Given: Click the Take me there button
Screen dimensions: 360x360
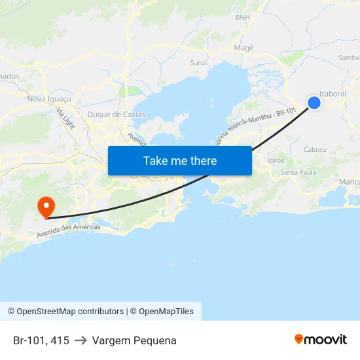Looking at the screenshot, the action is pos(180,160).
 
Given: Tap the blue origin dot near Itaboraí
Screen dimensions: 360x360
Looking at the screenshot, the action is pos(314,102).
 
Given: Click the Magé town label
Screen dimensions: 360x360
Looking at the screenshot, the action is pos(243,48).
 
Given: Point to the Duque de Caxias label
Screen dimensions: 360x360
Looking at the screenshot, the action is pos(116,115).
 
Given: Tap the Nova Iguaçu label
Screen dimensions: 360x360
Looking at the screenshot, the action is pos(48,99).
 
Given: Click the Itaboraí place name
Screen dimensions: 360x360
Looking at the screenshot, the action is pos(333,94).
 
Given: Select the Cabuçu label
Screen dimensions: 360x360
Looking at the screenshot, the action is pos(315,149).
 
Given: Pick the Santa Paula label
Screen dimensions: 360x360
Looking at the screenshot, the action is pos(298,172).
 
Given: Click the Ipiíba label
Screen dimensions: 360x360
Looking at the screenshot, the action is pos(276,160).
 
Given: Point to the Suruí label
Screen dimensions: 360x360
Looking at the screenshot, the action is pos(198,63).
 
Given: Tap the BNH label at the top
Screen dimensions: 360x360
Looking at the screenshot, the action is pos(242,18).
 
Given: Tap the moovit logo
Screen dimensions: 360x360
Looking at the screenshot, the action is pos(320,339).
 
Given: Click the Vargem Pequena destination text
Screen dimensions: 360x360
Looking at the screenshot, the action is pos(134,340).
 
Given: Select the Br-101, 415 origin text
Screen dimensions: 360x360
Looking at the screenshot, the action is pos(41,340).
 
